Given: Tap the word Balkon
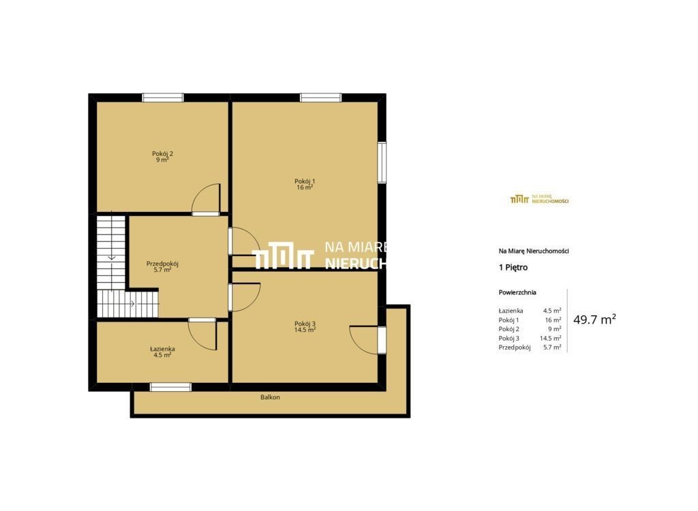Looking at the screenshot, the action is [270, 397].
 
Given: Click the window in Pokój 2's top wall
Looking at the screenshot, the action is [163, 97].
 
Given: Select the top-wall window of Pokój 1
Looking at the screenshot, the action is [321, 97].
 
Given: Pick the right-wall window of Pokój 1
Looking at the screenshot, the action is [382, 162].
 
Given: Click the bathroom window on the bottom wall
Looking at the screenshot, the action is [170, 387].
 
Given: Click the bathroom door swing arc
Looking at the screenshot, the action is [196, 341].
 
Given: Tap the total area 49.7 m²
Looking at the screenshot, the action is [594, 320].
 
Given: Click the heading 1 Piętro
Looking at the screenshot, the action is [513, 268].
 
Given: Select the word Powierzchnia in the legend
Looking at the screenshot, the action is [517, 292].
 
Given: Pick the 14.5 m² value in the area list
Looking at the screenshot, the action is [551, 339].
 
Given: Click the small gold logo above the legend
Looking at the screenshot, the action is [540, 199].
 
